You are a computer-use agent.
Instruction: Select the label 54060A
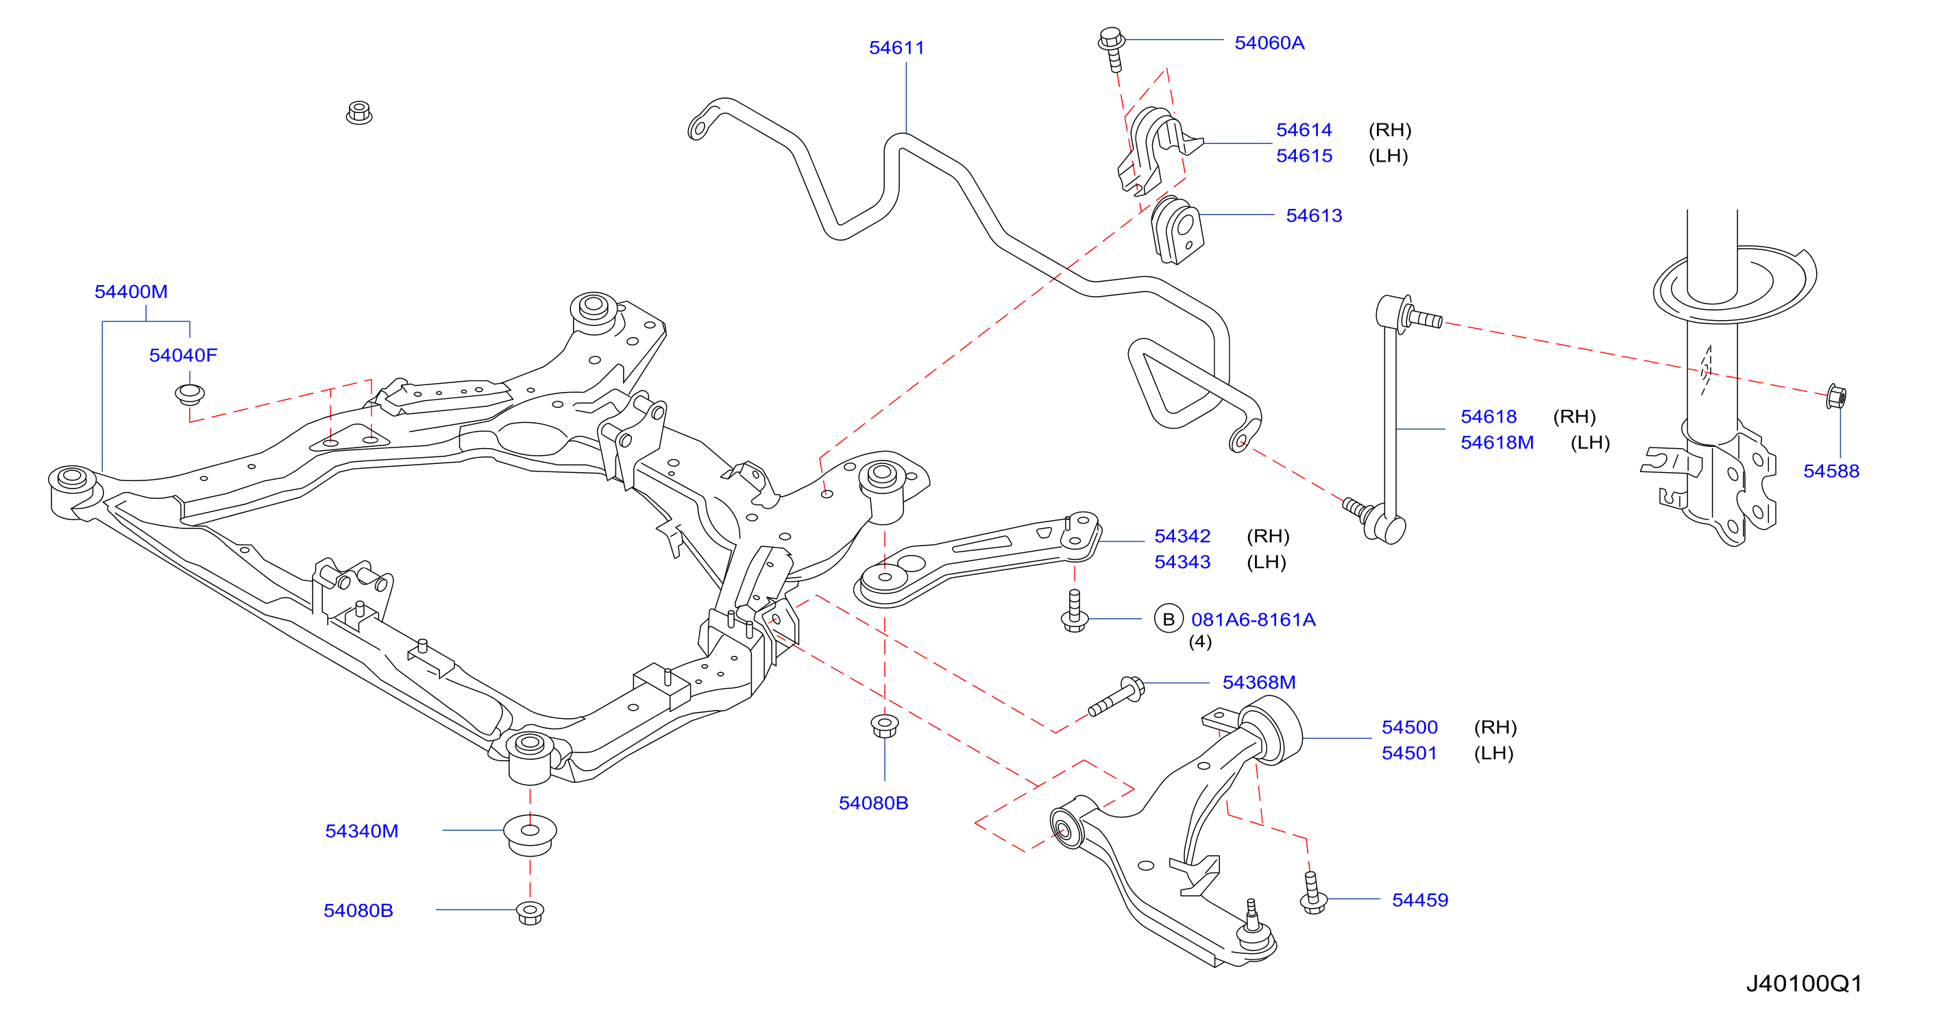tap(1269, 43)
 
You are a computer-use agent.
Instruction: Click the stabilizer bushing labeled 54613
tap(1177, 230)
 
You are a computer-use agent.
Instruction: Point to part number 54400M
tap(131, 291)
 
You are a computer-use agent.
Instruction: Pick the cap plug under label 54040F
tap(190, 394)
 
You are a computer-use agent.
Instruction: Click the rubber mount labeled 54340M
tap(530, 833)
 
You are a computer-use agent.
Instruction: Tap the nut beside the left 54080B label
tap(530, 912)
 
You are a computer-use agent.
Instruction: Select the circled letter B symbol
tap(1169, 620)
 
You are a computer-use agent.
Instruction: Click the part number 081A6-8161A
tap(1254, 620)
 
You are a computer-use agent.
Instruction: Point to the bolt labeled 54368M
tap(1116, 696)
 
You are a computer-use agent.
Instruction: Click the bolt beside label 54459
tap(1313, 892)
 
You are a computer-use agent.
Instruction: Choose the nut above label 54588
tap(1836, 396)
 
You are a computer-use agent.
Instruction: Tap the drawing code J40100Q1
tap(1804, 983)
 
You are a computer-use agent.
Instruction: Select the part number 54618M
tap(1498, 442)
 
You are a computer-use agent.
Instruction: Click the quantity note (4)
tap(1200, 641)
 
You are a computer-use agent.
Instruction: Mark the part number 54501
tap(1409, 753)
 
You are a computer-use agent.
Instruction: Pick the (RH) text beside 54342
tap(1268, 536)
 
